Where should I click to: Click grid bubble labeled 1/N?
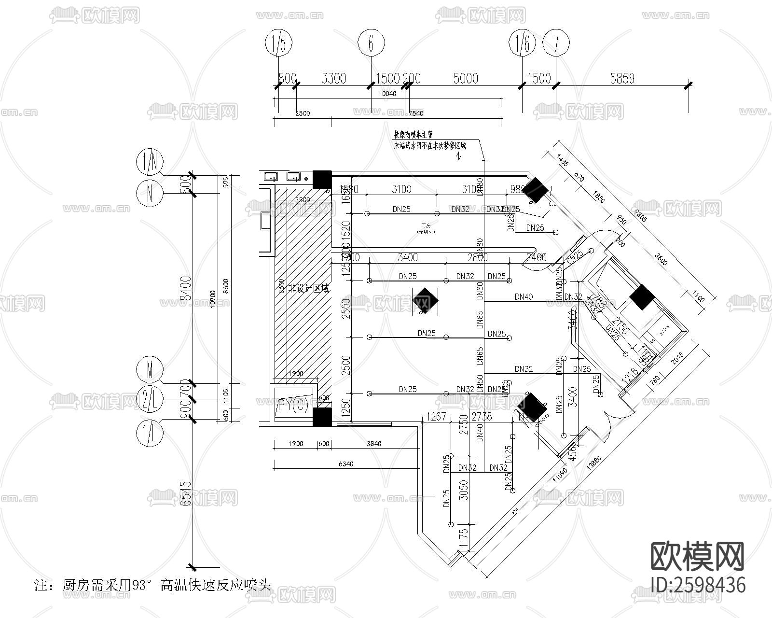(150, 163)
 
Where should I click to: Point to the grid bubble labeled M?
(150, 371)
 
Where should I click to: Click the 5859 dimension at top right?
(622, 78)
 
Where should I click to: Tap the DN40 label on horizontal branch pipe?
(524, 297)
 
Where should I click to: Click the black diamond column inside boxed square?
(426, 301)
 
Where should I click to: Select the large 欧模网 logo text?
(697, 556)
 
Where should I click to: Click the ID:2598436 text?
(698, 585)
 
